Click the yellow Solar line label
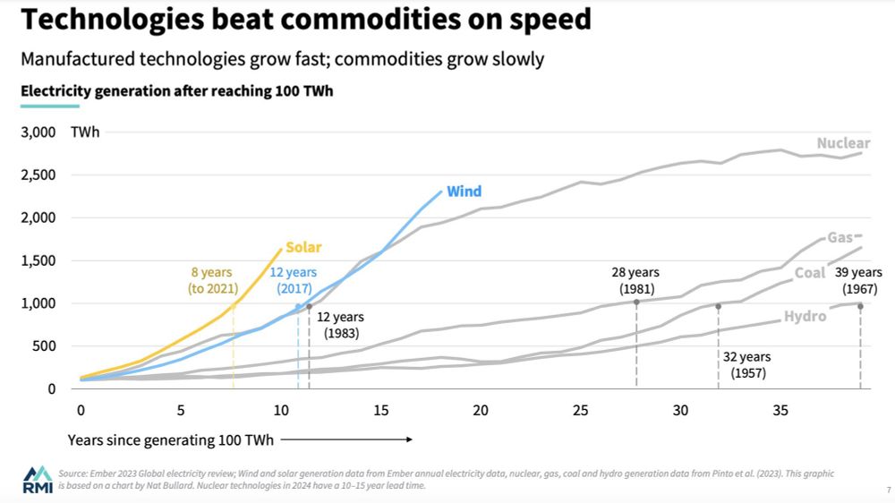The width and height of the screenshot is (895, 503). pyautogui.click(x=303, y=247)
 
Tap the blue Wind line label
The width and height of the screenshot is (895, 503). pyautogui.click(x=464, y=192)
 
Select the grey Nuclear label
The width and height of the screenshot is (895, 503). pyautogui.click(x=843, y=143)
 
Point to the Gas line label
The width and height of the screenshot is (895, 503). pyautogui.click(x=840, y=237)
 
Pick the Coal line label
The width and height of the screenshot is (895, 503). pyautogui.click(x=810, y=273)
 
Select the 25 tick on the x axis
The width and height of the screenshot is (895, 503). pyautogui.click(x=581, y=411)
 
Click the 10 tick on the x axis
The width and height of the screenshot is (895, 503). pyautogui.click(x=280, y=411)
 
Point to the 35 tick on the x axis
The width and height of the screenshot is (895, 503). pyautogui.click(x=780, y=411)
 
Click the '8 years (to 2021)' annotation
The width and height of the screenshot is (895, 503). pyautogui.click(x=212, y=280)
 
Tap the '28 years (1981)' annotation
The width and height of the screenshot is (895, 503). pyautogui.click(x=636, y=281)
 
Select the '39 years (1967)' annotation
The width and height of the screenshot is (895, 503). pyautogui.click(x=860, y=281)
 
